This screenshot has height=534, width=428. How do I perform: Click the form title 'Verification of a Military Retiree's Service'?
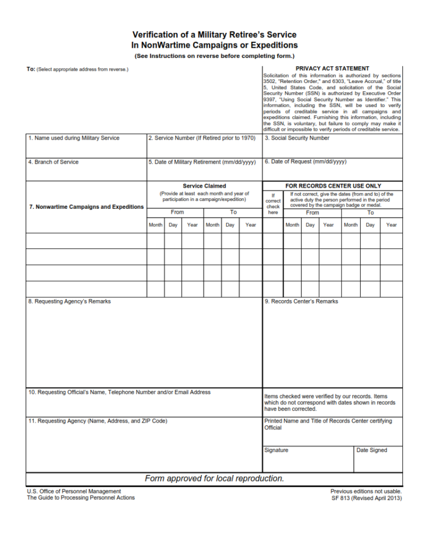click(214, 35)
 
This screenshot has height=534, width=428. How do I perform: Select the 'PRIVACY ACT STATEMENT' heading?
click(332, 68)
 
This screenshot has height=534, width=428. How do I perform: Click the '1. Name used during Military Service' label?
click(74, 138)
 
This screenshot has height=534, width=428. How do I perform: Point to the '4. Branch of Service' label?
click(53, 162)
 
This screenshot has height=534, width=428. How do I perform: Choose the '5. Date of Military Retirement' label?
click(202, 162)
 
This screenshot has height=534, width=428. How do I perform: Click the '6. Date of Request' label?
click(305, 162)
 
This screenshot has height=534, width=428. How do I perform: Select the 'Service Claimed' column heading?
click(204, 186)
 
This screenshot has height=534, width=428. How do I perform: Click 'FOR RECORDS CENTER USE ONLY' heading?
click(333, 186)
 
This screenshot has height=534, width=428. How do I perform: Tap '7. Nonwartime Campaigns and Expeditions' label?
click(86, 207)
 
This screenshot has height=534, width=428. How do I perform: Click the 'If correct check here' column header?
click(273, 203)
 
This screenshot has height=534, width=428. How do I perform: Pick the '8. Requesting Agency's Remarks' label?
click(69, 301)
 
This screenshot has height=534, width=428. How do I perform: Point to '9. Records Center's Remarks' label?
click(301, 301)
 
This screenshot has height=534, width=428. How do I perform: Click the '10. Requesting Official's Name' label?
click(119, 392)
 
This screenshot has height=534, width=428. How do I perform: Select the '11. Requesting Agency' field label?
click(98, 421)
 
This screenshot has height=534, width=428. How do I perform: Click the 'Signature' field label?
click(276, 450)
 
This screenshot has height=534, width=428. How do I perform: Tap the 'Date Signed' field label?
click(371, 450)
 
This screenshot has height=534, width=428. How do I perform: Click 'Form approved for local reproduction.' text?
click(214, 478)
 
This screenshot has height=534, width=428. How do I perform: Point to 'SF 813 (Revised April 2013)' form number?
click(366, 498)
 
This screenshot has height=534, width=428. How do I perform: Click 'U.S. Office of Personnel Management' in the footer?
click(74, 491)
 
